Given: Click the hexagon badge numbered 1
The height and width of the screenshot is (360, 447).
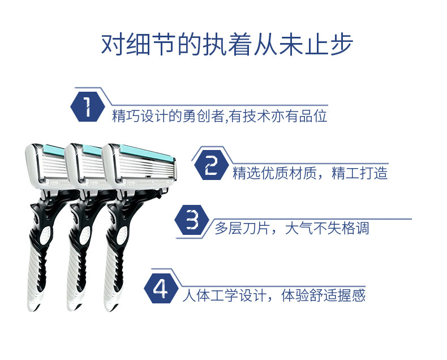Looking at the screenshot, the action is point(88,107).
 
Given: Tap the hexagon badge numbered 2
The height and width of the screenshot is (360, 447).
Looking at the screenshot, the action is point(211,165).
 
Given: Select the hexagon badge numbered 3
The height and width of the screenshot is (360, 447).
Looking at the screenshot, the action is point(192,220).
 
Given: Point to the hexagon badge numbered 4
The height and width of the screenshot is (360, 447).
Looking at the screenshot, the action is point(161,289).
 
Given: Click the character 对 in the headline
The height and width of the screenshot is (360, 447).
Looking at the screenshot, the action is point(114,45).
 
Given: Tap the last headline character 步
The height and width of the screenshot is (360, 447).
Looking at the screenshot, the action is point(341,45).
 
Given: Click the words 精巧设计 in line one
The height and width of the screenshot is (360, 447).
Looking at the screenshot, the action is point(140,116).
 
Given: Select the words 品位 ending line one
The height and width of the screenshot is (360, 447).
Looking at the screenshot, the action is point(313,116).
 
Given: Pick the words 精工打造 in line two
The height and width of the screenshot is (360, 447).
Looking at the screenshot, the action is point(360,173).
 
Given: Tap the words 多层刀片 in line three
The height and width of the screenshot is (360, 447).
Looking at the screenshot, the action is point(242,228).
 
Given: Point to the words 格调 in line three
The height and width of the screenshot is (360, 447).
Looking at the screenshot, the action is point(355,228).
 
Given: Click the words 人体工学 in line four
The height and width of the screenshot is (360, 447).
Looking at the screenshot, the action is point(210,295).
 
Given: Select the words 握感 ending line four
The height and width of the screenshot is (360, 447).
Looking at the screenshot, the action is point(352,295).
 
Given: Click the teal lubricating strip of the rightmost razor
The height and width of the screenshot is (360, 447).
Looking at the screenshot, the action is point(146,153).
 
